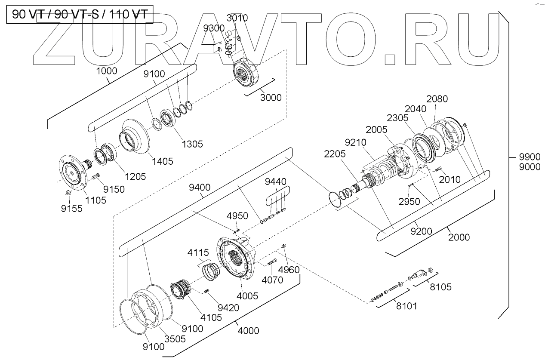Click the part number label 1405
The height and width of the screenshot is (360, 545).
[163, 161]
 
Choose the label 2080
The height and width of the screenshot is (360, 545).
[437, 98]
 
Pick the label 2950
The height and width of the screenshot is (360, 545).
[409, 202]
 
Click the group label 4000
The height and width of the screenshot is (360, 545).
[248, 331]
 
